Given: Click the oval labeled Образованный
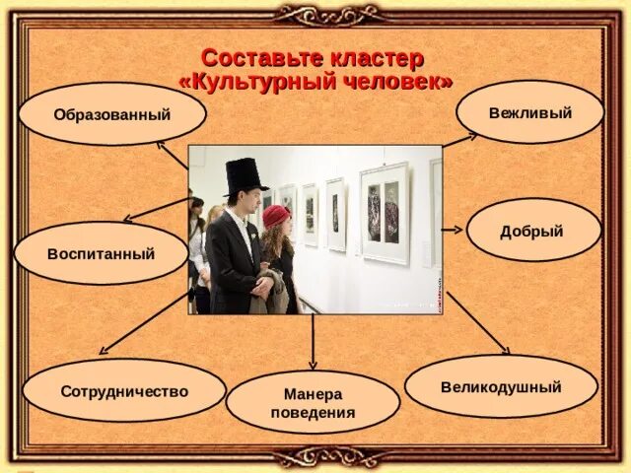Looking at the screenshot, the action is pos(112,114).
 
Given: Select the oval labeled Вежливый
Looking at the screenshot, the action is pos(530,112).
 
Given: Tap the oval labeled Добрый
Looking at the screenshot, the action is pos(533,230).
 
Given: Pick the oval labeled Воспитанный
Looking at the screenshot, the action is pos(101,253).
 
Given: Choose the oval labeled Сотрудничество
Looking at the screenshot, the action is pos(124,390).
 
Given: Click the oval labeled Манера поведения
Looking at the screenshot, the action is pos(314,402).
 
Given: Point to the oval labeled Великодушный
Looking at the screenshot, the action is pos(501,386).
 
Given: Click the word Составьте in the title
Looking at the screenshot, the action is pos(262,58).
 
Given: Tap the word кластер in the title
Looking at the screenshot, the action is pos(377,59).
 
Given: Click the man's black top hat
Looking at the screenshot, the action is pos(245,176).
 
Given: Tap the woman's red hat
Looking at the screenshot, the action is pos(276,216).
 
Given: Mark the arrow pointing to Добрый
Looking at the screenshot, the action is pos(453,230).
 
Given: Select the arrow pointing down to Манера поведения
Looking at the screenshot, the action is pos(313,341).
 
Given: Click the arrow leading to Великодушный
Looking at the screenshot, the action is pos(478,323).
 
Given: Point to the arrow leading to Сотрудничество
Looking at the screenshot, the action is pos(144,323).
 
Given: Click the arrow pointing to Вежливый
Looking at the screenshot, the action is pos(460,140).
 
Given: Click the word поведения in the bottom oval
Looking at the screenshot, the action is pos(314,412).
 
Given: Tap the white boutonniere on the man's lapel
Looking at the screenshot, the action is pos(253,235).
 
